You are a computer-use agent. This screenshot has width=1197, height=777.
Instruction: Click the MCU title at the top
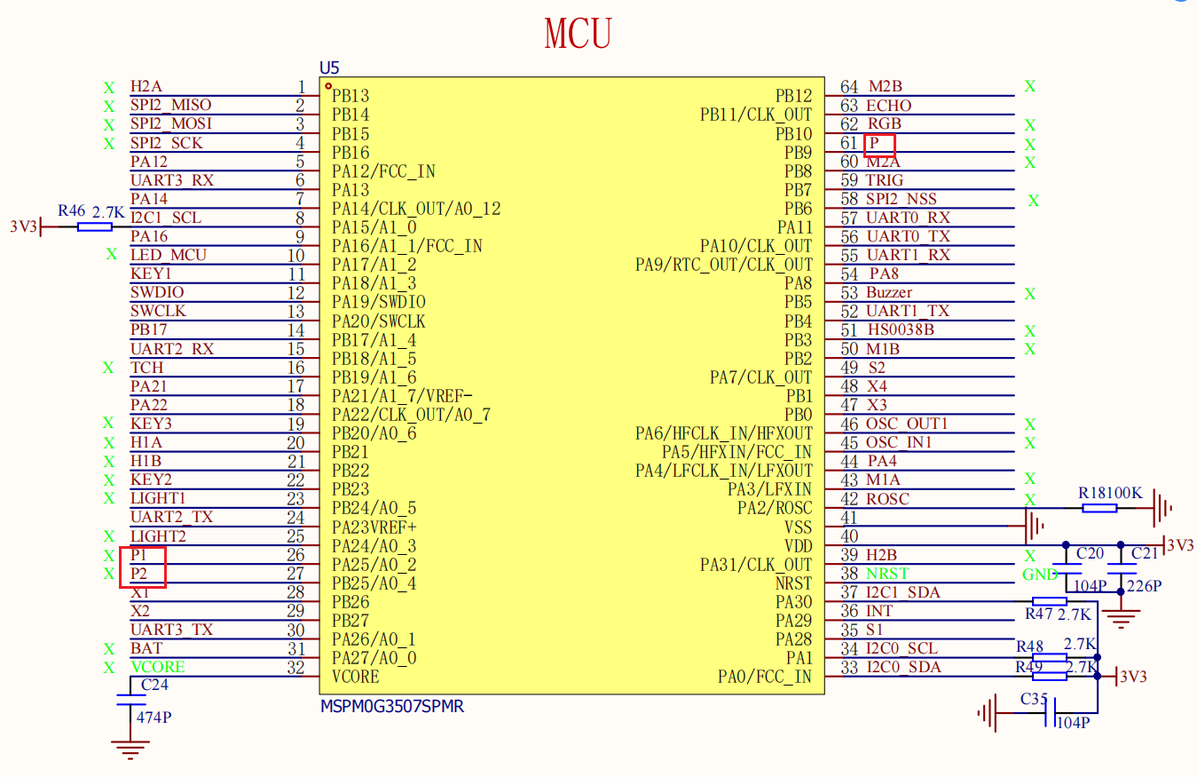click(x=578, y=33)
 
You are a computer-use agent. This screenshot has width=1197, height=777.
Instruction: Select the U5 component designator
click(x=329, y=67)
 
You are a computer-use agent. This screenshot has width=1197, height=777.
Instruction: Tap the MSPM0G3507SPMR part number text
click(x=392, y=707)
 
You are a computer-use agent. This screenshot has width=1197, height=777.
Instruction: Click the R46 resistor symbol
click(x=95, y=226)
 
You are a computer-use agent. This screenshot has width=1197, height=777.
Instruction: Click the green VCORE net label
click(x=158, y=667)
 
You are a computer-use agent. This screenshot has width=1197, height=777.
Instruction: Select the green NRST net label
click(x=887, y=574)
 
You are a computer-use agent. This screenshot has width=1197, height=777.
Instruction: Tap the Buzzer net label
click(x=889, y=292)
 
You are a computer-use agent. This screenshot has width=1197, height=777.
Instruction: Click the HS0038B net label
click(x=901, y=329)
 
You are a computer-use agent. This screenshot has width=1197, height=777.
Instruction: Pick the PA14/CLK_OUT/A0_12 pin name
click(x=416, y=209)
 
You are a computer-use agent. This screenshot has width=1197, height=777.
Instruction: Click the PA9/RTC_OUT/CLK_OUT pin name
click(x=723, y=265)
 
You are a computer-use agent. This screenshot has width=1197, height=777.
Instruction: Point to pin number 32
click(x=295, y=668)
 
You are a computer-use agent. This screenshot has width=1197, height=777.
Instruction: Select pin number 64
click(x=848, y=87)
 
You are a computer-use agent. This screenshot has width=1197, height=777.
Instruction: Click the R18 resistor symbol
click(x=1099, y=508)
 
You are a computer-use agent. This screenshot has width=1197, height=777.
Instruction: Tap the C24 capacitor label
click(x=154, y=685)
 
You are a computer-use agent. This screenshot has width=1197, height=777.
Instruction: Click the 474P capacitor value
click(x=154, y=718)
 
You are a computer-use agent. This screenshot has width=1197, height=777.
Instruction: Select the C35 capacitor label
click(x=1034, y=699)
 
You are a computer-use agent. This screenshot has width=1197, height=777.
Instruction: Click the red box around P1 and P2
click(x=121, y=567)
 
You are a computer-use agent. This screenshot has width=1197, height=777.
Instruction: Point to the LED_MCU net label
click(x=169, y=255)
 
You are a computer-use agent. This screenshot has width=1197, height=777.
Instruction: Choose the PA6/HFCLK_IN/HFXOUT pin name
click(x=723, y=433)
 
